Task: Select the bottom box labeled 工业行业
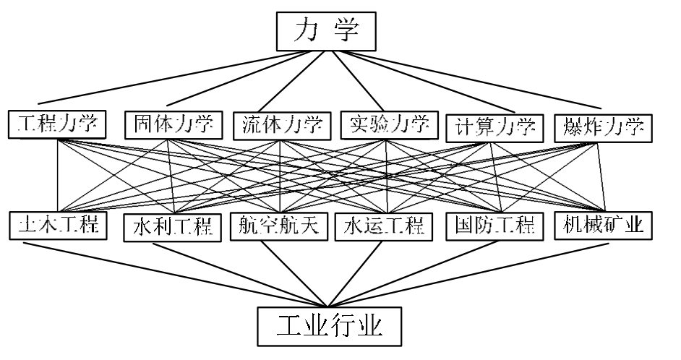[x=330, y=326]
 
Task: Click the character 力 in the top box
[x=307, y=33]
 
